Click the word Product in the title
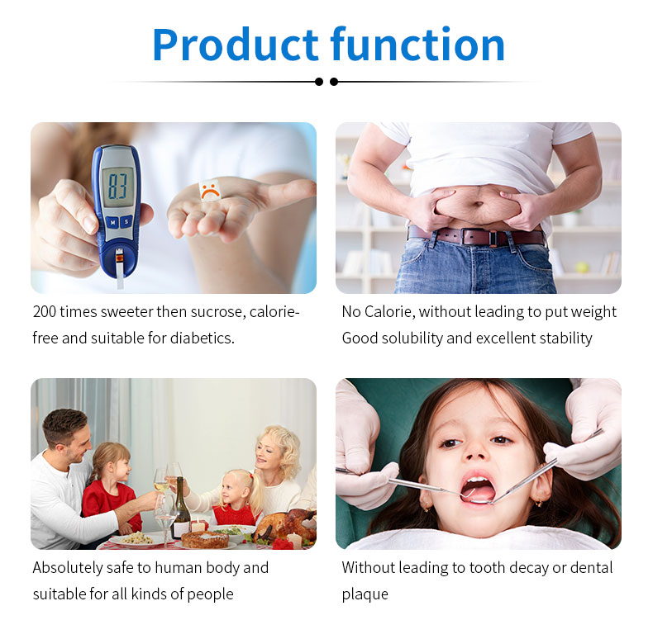tap(236, 45)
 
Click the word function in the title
tap(417, 44)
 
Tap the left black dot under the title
tap(319, 82)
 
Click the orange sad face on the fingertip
tap(209, 191)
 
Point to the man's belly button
tap(479, 204)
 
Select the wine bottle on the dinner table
tap(180, 509)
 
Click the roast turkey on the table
tap(285, 525)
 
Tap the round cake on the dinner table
tap(205, 539)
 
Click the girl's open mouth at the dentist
tap(477, 488)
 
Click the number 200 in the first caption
tap(44, 311)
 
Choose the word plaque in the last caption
tap(365, 594)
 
